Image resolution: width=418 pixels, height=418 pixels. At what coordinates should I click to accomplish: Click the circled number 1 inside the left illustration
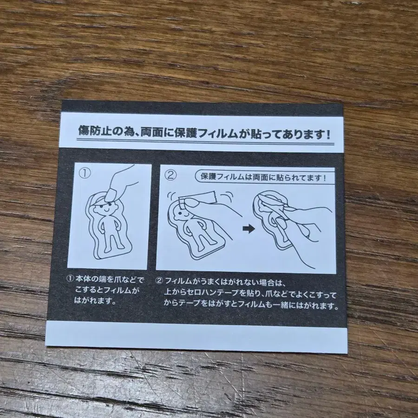pos(85,173)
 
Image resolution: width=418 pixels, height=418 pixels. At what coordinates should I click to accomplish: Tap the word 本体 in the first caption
pos(85,280)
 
